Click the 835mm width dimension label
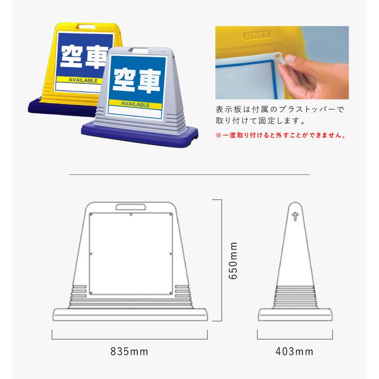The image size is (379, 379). tap(129, 351)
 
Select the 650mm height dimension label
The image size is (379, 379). tap(233, 261)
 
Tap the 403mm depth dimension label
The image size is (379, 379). tap(294, 351)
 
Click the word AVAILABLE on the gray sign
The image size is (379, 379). tap(136, 104)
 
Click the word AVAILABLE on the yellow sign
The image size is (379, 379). tap(83, 80)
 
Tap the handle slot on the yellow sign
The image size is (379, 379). tap(87, 26)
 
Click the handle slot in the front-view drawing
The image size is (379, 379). tap(131, 207)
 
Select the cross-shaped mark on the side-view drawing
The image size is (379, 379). tap(295, 216)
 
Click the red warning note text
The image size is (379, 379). tap(281, 135)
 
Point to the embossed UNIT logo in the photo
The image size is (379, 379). tap(257, 35)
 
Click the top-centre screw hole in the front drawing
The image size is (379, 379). tap(131, 215)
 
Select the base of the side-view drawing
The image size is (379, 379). tap(295, 315)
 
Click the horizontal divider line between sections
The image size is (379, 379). tap(189, 174)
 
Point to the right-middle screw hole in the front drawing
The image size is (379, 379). tap(171, 254)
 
